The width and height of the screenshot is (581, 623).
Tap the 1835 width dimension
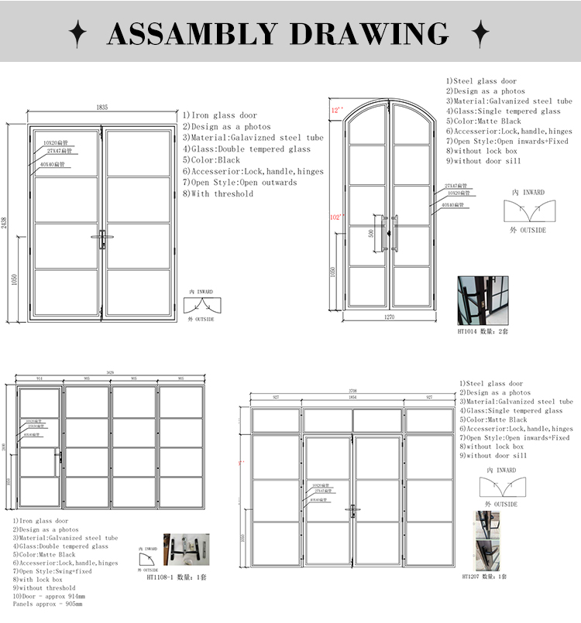(x=102, y=108)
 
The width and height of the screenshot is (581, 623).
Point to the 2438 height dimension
(x=6, y=222)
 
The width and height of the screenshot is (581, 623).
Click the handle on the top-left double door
(x=102, y=238)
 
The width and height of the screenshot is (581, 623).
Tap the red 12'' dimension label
(x=335, y=111)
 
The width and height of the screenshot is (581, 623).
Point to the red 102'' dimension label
(x=336, y=217)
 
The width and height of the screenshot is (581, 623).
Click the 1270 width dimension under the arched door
(x=390, y=317)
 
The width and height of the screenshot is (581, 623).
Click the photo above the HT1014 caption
(x=483, y=300)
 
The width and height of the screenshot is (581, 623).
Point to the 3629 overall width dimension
(x=109, y=373)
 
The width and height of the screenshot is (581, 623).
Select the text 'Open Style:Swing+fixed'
(x=54, y=571)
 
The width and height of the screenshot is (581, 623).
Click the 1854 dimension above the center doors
(x=352, y=397)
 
